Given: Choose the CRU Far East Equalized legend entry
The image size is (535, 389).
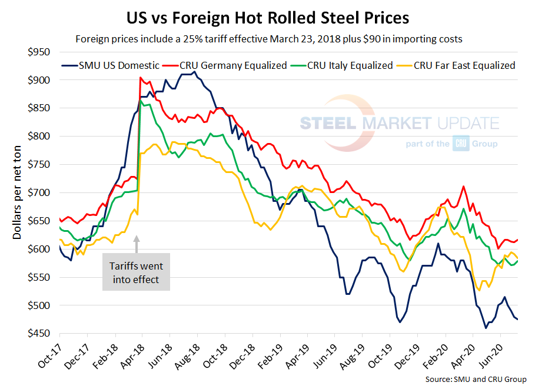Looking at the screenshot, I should (x=456, y=65).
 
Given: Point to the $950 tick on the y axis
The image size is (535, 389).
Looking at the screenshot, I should (x=39, y=52).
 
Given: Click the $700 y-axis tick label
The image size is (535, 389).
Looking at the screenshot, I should (x=39, y=192).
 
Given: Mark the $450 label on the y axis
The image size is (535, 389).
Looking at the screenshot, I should (x=39, y=334).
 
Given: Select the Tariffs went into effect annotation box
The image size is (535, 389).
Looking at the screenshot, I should (x=136, y=272).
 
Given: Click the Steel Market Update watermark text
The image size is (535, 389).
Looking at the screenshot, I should (x=400, y=123).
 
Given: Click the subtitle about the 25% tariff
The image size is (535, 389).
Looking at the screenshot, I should (x=267, y=39).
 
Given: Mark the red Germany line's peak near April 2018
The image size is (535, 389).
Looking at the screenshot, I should (x=140, y=78).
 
